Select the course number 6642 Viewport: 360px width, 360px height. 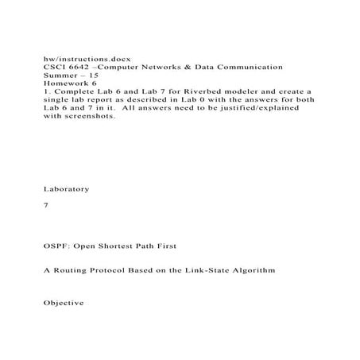[x=79, y=70]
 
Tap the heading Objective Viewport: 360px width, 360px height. [x=62, y=304]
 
